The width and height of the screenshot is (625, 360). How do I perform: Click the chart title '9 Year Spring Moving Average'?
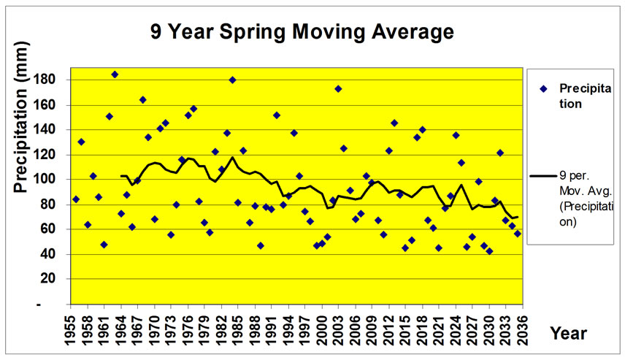click(x=302, y=32)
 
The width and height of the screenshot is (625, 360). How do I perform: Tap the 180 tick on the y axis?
click(x=57, y=80)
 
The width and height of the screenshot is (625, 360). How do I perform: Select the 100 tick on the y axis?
click(x=57, y=179)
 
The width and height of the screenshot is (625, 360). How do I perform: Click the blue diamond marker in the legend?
click(x=543, y=88)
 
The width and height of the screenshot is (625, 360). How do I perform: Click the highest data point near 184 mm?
click(x=115, y=74)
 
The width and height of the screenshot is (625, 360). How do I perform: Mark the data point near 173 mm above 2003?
click(x=338, y=88)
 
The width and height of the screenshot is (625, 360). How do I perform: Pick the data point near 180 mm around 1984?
click(x=232, y=80)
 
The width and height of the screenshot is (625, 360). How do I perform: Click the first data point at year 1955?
click(x=76, y=199)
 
